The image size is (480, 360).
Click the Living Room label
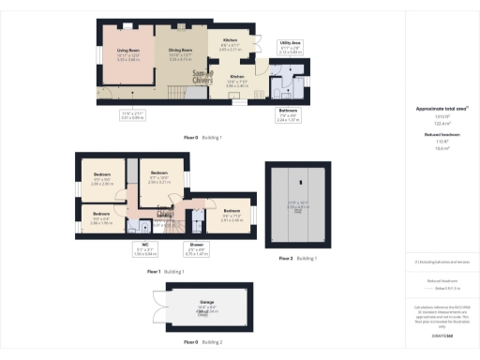click(128, 52)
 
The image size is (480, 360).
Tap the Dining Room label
click(180, 52)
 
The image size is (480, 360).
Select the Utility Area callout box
click(291, 46)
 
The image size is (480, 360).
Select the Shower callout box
click(196, 251)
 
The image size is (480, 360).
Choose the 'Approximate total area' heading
click(442, 109)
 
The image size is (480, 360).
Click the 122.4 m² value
click(442, 124)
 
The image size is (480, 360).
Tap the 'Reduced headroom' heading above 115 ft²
click(442, 136)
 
